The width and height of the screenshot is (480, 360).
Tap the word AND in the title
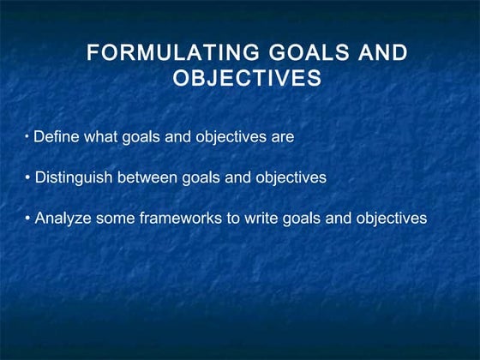coord(382,54)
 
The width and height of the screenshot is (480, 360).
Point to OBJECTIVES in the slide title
coord(247,79)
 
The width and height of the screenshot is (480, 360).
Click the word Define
coord(55,137)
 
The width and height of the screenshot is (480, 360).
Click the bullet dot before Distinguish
coord(27,178)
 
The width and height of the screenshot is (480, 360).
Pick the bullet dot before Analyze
coord(27,219)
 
